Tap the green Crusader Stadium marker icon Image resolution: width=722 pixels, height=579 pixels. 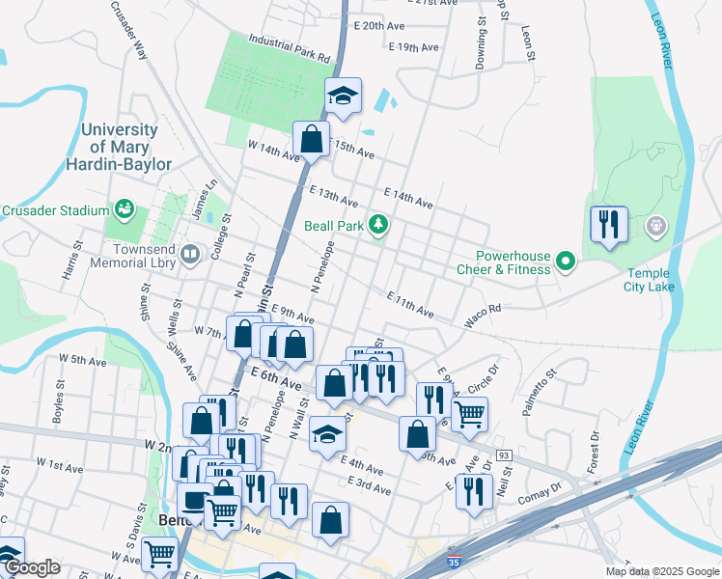(x=124, y=209)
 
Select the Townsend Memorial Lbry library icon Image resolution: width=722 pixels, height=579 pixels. (x=190, y=255)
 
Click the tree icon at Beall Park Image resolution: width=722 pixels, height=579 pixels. (x=380, y=225)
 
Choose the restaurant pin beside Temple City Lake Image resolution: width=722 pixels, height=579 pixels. (x=609, y=225)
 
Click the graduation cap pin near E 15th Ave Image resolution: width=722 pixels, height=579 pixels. (x=342, y=96)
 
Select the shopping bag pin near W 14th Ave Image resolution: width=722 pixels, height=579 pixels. (x=312, y=140)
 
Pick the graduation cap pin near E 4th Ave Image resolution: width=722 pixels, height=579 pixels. (x=327, y=435)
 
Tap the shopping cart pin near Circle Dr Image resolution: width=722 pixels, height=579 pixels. (x=469, y=414)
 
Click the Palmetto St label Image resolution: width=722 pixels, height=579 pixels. (x=541, y=393)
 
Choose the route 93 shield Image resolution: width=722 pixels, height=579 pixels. (x=503, y=455)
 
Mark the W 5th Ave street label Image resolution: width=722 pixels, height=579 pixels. (x=82, y=359)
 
